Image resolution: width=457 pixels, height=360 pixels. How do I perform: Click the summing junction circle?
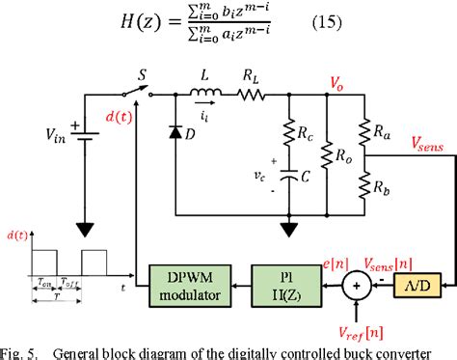358,288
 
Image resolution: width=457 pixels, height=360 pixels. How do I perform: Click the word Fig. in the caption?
16,350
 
